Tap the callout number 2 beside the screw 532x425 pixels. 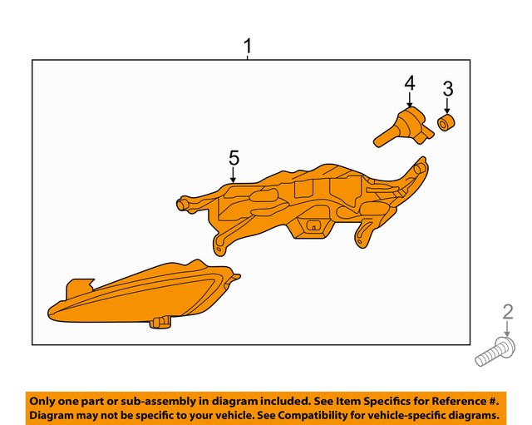pos(508,313)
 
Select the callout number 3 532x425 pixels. pos(447,88)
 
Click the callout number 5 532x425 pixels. pos(234,157)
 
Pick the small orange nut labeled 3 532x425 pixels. pos(446,124)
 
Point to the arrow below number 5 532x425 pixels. pos(234,175)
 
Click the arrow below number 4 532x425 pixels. pos(409,99)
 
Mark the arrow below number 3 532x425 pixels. pos(447,106)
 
